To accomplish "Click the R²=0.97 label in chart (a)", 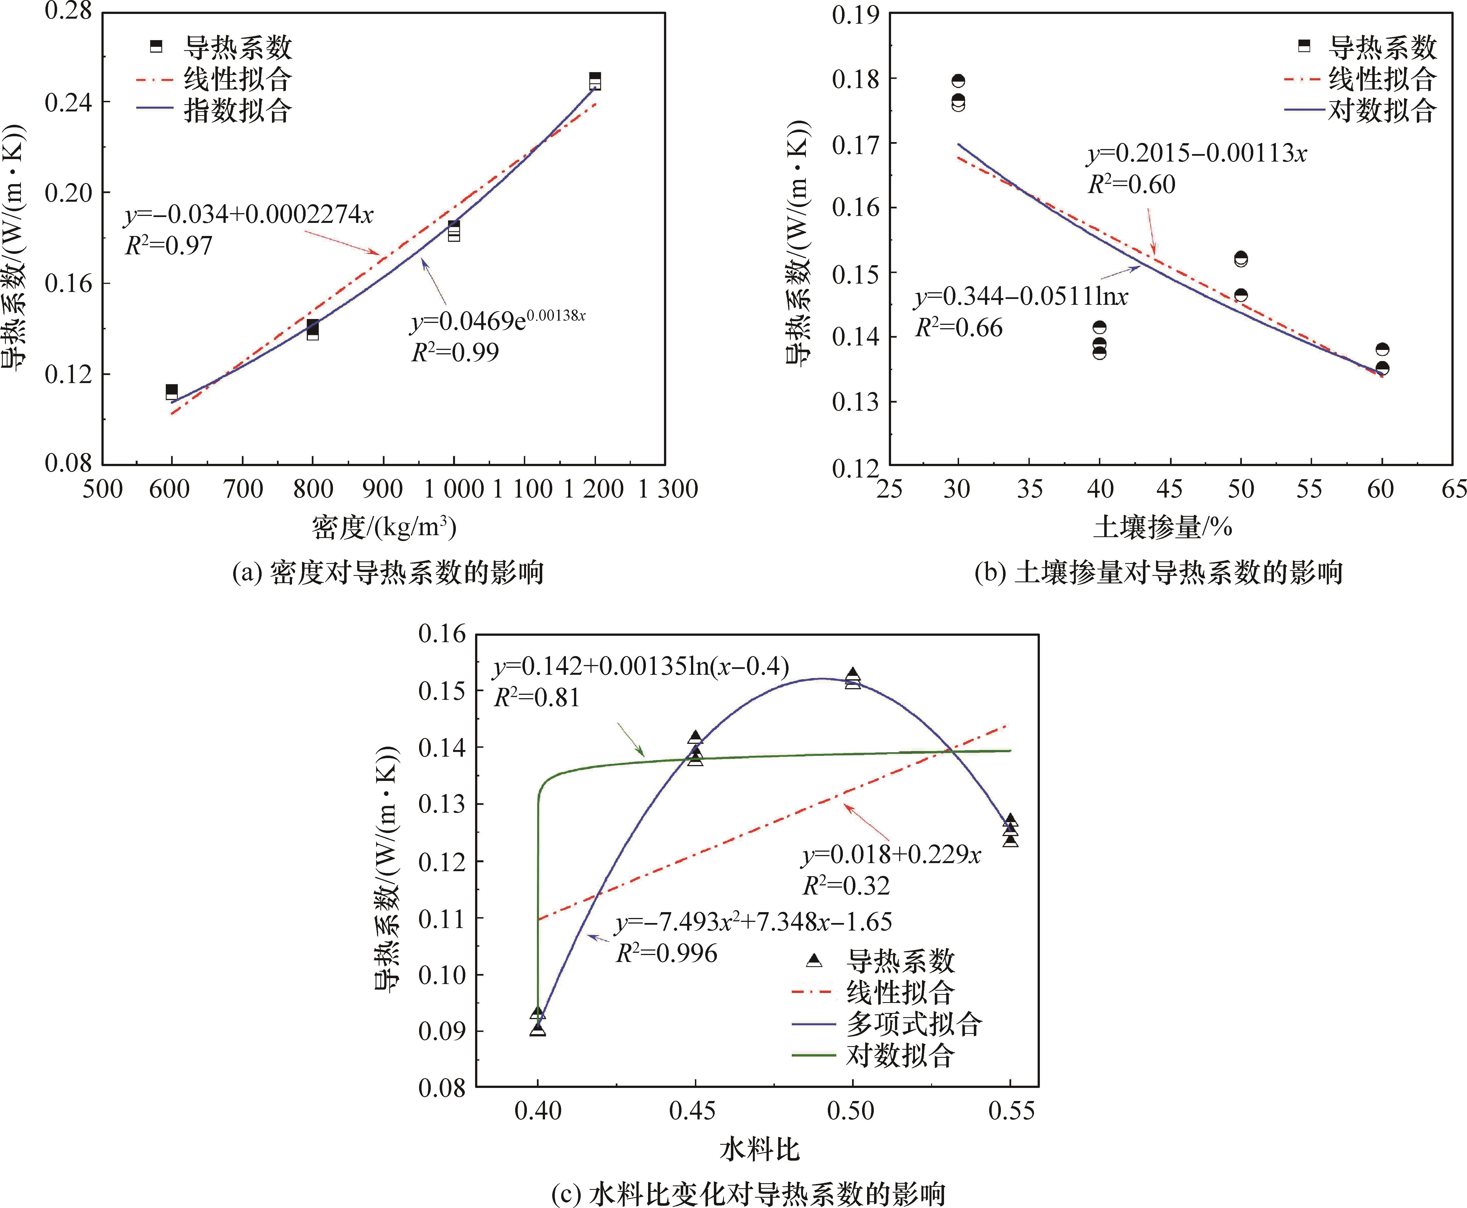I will pos(168,246).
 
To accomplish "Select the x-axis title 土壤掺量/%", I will pos(1162,527).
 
